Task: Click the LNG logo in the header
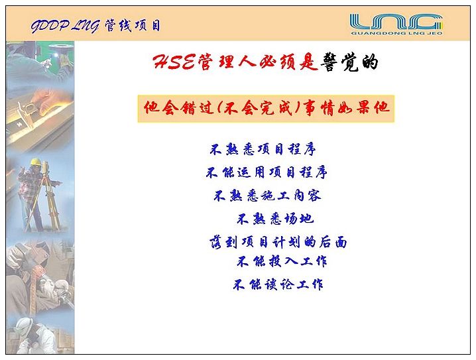click(x=396, y=24)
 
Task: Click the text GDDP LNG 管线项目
click(x=95, y=26)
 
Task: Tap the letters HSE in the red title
click(x=174, y=62)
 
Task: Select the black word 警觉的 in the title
click(x=350, y=62)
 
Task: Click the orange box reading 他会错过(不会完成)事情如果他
click(x=266, y=109)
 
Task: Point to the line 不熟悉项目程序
click(x=263, y=149)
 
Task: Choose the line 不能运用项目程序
click(x=267, y=172)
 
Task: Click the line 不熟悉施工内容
click(x=267, y=196)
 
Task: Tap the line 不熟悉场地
click(x=275, y=219)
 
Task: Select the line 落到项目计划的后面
click(x=278, y=242)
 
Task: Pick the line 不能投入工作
click(x=282, y=261)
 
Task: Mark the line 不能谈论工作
click(x=278, y=284)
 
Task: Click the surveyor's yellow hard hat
click(x=36, y=162)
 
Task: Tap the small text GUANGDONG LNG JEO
click(x=396, y=33)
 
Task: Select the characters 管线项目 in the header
click(x=133, y=26)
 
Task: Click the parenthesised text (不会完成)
click(x=257, y=108)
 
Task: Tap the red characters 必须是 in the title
click(x=288, y=62)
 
